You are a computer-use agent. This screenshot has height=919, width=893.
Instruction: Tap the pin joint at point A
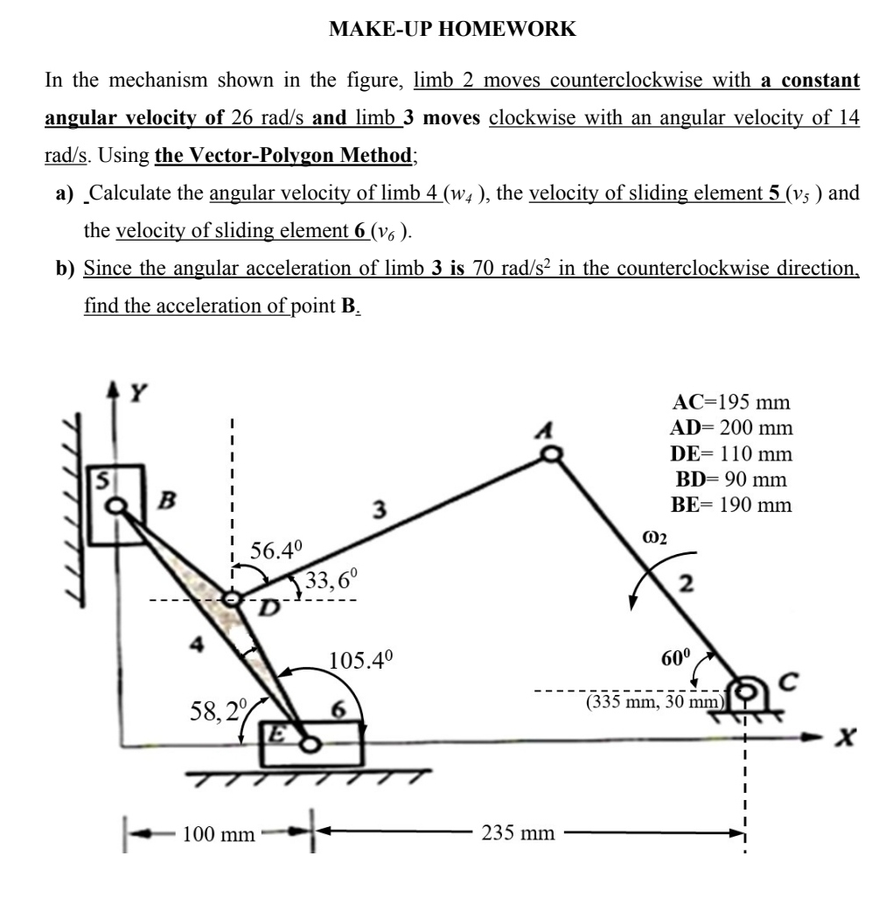[x=551, y=453]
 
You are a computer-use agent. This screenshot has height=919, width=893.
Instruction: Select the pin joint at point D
[x=232, y=600]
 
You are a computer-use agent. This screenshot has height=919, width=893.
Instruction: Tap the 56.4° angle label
[x=276, y=551]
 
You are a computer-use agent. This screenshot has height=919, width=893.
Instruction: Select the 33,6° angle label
[x=326, y=579]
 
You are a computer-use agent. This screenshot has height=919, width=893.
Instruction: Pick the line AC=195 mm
[x=730, y=403]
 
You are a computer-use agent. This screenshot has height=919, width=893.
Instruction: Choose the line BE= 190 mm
[x=730, y=505]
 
